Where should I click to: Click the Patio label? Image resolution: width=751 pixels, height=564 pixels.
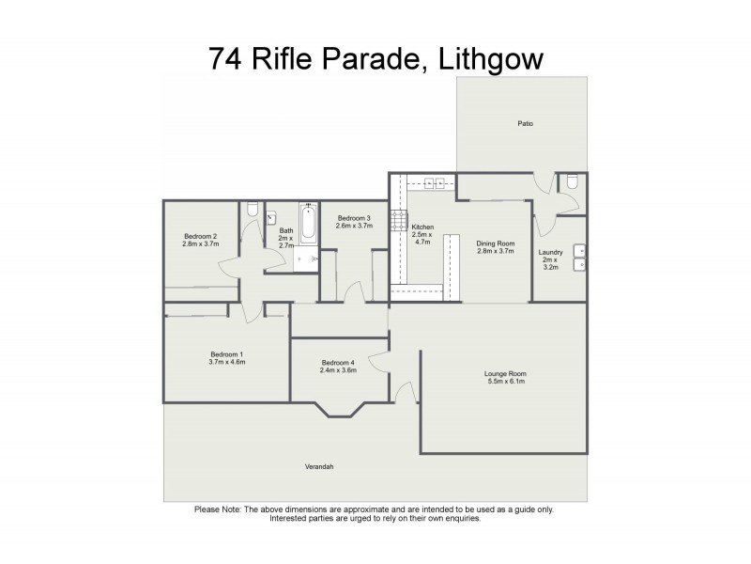[525, 123]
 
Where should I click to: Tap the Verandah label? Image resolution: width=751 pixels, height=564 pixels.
[319, 467]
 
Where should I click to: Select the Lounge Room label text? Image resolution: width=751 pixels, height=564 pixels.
[506, 373]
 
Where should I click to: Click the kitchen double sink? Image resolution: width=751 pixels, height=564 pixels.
[435, 182]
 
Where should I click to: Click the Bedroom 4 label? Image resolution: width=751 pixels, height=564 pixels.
[338, 363]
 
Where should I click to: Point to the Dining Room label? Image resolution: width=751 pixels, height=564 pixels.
[496, 243]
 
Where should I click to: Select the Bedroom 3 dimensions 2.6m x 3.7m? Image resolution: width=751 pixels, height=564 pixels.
[355, 226]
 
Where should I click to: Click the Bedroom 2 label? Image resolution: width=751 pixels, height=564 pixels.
[200, 236]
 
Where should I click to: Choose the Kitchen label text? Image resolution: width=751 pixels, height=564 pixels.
[422, 227]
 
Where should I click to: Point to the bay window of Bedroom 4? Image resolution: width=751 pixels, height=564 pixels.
[338, 409]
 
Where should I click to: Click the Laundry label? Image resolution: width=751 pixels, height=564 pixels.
[550, 251]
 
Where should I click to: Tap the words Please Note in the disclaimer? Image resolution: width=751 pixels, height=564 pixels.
[217, 509]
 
